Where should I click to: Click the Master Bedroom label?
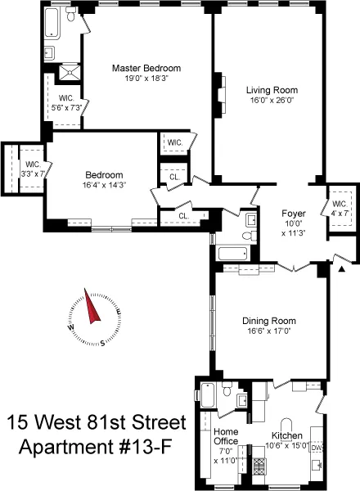pos(146,68)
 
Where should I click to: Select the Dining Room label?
pos(268,321)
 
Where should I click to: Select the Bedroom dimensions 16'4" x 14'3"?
pos(104,185)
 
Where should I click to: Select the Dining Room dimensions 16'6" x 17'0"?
pos(268,332)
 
